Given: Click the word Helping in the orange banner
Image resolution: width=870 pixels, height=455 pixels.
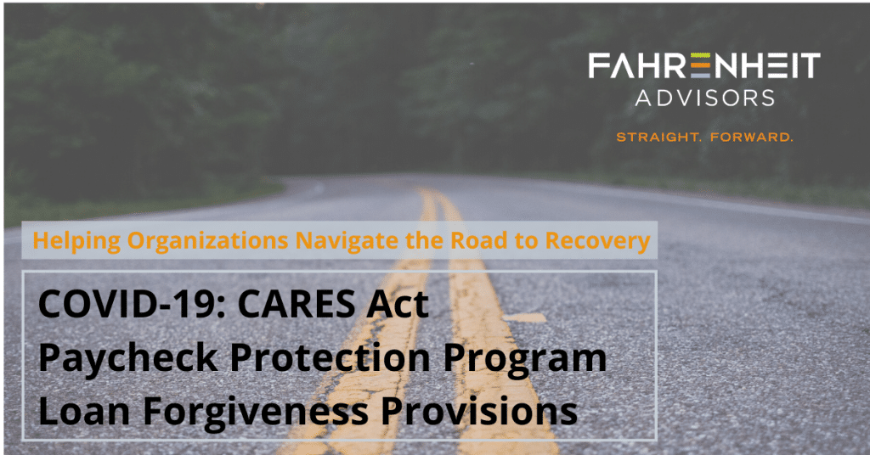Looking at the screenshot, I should [x=76, y=241].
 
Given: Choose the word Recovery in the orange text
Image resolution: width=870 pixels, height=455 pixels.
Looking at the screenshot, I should [x=595, y=241].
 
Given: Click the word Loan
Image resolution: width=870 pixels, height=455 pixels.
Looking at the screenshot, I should [x=79, y=412].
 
